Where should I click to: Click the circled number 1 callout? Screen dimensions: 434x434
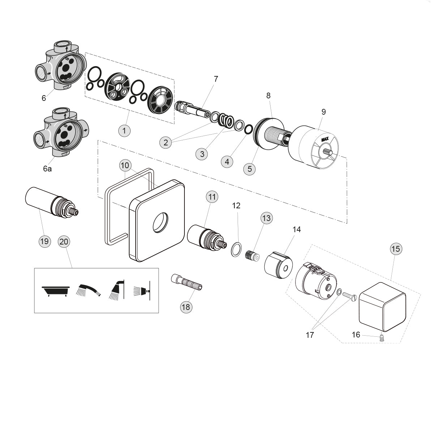pyautogui.click(x=124, y=130)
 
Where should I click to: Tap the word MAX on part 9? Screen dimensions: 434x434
pyautogui.click(x=325, y=139)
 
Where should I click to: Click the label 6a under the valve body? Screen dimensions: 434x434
pyautogui.click(x=47, y=169)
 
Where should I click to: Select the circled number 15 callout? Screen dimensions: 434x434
pyautogui.click(x=396, y=249)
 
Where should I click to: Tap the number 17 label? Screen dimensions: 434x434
pyautogui.click(x=310, y=335)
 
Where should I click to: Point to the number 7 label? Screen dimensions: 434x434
pyautogui.click(x=216, y=79)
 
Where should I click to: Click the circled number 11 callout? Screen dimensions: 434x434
pyautogui.click(x=212, y=197)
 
